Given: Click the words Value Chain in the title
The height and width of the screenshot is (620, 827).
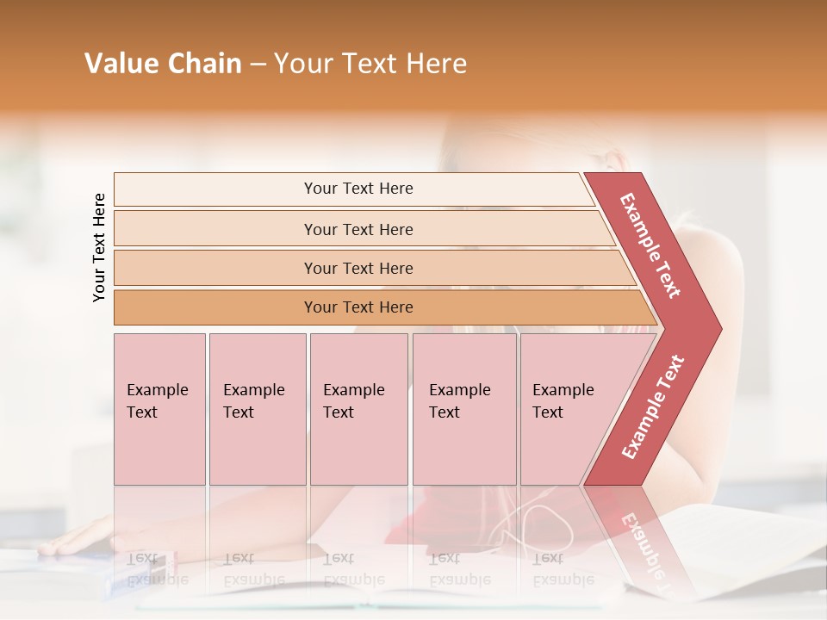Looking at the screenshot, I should [x=163, y=64].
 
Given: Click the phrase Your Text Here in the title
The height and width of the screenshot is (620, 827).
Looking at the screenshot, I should [x=370, y=64].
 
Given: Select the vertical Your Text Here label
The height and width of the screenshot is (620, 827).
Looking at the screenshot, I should [x=99, y=247].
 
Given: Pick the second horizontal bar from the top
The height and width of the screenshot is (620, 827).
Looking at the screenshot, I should [x=358, y=229].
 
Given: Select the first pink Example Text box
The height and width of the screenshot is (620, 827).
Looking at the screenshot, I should [x=159, y=409].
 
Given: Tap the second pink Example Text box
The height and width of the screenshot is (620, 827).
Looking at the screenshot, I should [x=257, y=409].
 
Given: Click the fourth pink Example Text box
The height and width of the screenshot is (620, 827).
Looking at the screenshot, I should [x=464, y=409].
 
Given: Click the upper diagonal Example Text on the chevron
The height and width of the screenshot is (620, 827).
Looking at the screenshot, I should [x=650, y=246].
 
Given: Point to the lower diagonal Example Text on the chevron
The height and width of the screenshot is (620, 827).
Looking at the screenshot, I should [x=653, y=407].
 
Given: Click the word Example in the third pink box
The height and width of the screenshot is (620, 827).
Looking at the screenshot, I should [x=353, y=390].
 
